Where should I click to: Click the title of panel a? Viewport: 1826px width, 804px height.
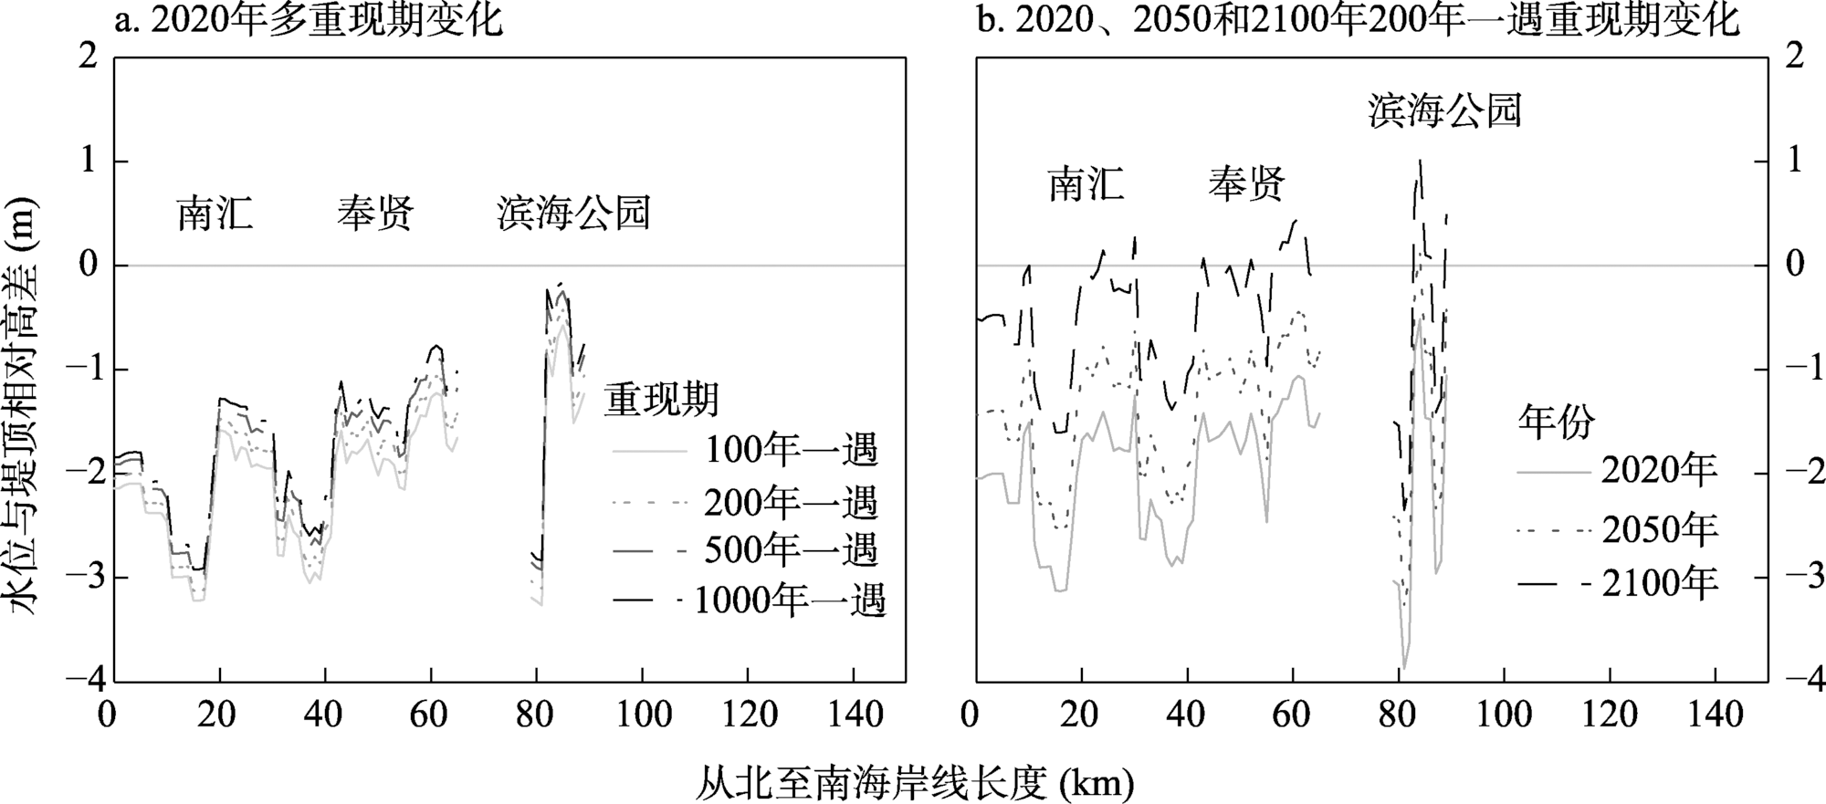point(309,21)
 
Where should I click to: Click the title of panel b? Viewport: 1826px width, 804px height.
point(1358,21)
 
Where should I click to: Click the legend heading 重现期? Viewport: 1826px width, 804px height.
point(662,399)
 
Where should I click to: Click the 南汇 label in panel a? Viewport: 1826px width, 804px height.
point(215,214)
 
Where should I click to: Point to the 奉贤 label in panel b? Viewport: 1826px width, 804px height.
point(1246,184)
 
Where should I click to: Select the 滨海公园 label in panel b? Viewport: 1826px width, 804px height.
point(1444,110)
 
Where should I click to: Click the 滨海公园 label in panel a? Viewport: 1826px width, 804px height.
point(573,214)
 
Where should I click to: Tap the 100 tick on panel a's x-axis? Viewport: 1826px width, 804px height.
point(643,714)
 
